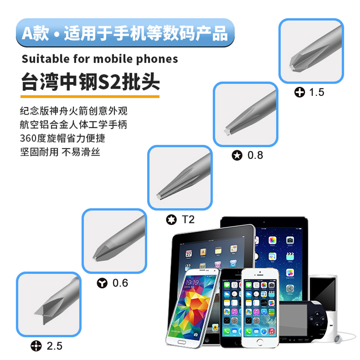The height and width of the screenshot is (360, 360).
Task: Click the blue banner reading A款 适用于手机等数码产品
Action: coord(126,33)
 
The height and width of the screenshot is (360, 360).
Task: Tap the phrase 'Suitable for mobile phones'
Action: coord(100,59)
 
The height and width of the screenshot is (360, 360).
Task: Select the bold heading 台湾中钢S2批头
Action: coord(90,82)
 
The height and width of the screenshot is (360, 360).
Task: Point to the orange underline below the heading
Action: coord(90,97)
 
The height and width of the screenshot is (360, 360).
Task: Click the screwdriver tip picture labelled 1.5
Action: coord(311,51)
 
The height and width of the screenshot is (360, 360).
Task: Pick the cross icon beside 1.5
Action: coord(300,92)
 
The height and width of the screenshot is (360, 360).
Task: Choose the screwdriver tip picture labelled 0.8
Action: coord(245,114)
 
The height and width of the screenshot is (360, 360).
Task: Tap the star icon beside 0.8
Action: coord(237,155)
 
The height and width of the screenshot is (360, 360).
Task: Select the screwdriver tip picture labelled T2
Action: coord(180,177)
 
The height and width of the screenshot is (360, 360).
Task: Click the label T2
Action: coord(188,220)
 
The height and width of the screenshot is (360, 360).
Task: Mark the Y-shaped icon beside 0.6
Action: coord(102,283)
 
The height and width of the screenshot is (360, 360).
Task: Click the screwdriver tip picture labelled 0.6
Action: coord(114,241)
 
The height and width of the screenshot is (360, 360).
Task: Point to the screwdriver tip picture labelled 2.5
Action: coord(49,304)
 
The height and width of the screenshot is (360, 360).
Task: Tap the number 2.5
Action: coord(54,346)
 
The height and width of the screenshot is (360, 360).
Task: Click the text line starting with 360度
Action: coord(63,138)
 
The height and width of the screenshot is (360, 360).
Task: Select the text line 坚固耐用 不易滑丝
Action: coord(60,152)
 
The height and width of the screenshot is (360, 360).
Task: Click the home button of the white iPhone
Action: coord(260,342)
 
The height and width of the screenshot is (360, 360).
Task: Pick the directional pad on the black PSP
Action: coord(317,319)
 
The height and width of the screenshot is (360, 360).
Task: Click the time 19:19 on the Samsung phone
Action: coord(192,283)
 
